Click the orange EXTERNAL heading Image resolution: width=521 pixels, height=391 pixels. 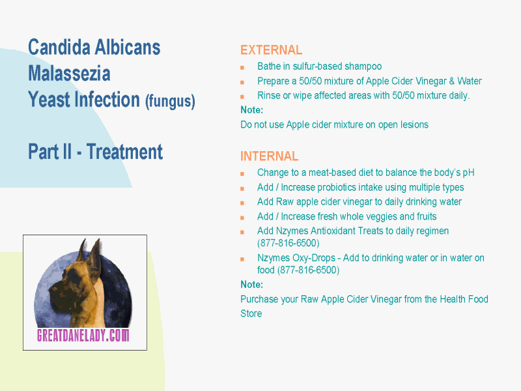tap(271, 50)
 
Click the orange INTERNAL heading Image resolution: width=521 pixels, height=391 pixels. tap(269, 156)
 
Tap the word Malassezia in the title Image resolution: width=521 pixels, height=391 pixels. tap(69, 74)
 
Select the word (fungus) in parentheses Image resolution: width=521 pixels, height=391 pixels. tap(170, 101)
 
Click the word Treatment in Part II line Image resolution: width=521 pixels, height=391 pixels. tap(124, 152)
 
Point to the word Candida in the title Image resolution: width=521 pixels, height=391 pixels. tap(59, 47)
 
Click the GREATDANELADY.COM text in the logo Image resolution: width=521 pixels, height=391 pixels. tap(83, 335)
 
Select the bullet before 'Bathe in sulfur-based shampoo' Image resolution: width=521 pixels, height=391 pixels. tap(242, 68)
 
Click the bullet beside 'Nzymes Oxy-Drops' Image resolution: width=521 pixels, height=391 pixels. tap(242, 259)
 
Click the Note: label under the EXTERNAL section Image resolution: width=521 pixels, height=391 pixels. tap(251, 110)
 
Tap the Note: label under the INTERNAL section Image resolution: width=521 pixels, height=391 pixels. tap(251, 285)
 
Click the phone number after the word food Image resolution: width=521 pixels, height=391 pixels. tap(308, 270)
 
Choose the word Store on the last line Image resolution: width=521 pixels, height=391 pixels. tap(251, 313)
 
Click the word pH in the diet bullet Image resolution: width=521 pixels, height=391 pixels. tap(468, 173)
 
